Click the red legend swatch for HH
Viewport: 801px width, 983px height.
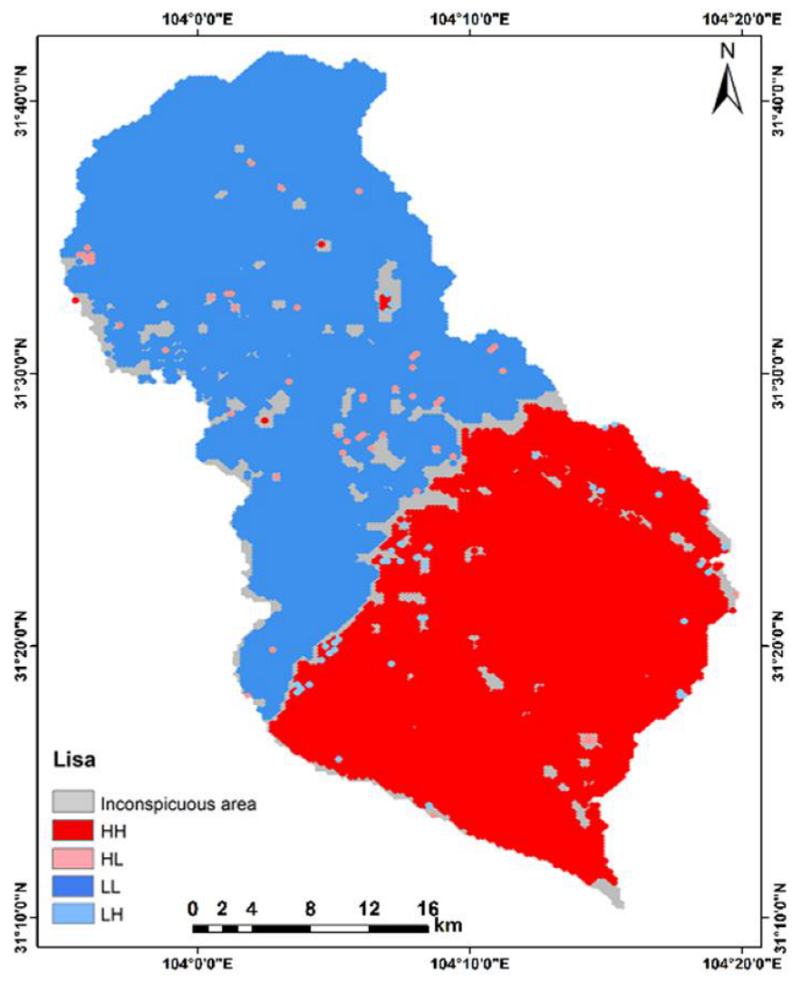[73, 830]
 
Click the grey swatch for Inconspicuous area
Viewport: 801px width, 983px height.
[73, 802]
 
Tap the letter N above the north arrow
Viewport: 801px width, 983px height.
[727, 51]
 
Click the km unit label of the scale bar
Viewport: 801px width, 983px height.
[448, 928]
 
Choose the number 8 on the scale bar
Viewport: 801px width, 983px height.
[311, 908]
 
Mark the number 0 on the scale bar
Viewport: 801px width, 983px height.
[193, 908]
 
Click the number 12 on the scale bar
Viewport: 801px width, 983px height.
[369, 908]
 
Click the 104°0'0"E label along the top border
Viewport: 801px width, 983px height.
[197, 17]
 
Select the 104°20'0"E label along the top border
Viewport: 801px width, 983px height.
[741, 17]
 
